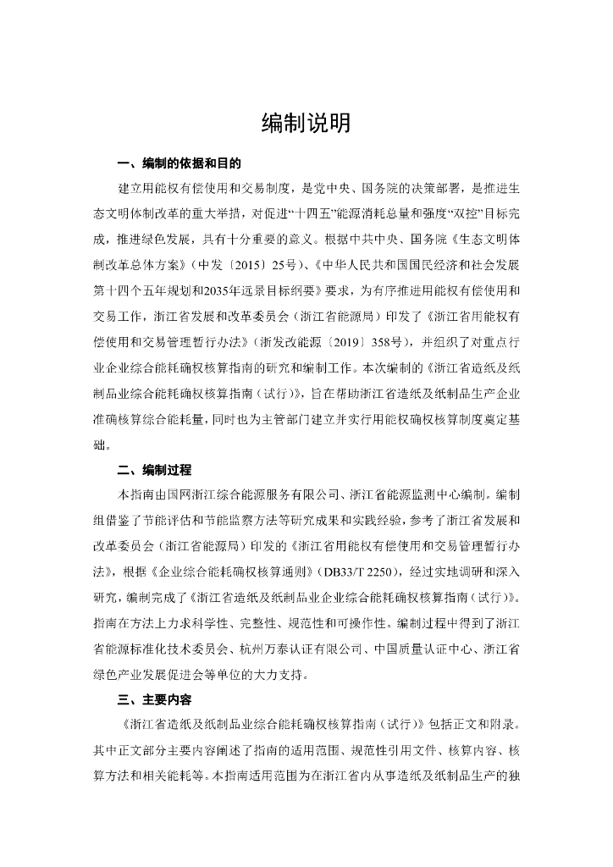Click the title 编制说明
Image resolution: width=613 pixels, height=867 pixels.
pos(306,124)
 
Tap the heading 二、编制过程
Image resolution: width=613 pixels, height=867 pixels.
pos(154,470)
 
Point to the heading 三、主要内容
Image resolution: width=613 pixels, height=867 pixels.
pos(154,701)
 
